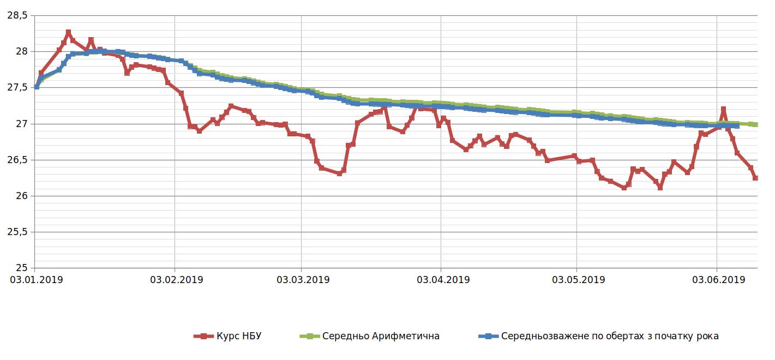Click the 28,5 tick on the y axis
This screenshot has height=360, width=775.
click(x=16, y=16)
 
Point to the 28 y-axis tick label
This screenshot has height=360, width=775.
click(x=21, y=51)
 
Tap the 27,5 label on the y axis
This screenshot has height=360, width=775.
click(x=16, y=87)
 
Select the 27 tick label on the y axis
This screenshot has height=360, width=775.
click(x=21, y=124)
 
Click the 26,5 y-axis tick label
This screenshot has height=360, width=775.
click(x=16, y=160)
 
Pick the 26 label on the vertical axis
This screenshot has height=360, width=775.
click(x=21, y=196)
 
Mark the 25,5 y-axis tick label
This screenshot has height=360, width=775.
click(x=16, y=232)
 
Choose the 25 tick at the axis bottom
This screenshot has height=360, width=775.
click(x=21, y=268)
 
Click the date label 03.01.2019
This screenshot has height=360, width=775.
click(x=36, y=280)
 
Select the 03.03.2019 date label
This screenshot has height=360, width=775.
click(x=303, y=280)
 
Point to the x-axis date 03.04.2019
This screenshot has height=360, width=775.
click(x=443, y=280)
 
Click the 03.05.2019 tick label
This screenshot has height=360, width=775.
click(x=579, y=280)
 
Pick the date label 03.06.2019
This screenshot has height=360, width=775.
click(x=718, y=280)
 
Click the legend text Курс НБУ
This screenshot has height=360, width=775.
click(x=238, y=336)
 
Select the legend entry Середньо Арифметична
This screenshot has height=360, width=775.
click(x=381, y=336)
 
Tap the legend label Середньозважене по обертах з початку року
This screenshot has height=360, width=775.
click(x=610, y=336)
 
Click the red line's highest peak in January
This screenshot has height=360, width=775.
click(x=68, y=32)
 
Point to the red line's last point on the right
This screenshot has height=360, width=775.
click(x=755, y=178)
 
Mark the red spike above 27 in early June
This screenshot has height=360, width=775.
click(x=723, y=109)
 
